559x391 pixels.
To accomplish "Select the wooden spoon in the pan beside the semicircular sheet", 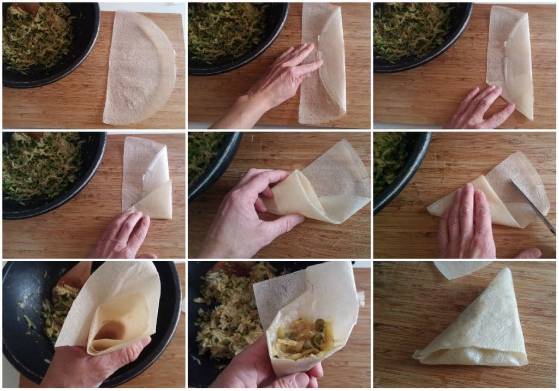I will (x=27, y=7).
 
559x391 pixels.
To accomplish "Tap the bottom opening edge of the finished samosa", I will (x=469, y=360).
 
